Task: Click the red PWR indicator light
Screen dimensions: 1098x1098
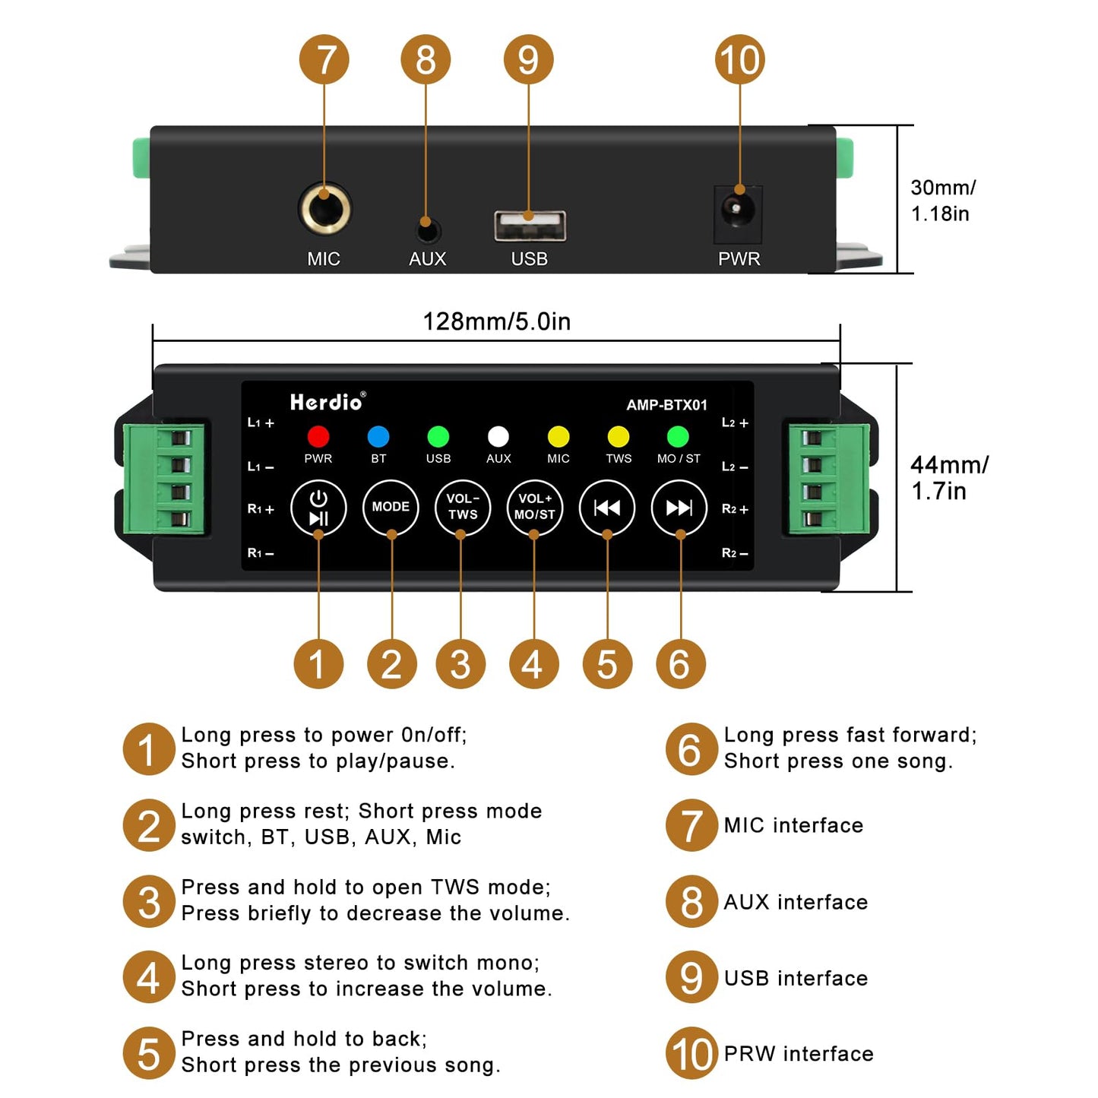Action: [318, 436]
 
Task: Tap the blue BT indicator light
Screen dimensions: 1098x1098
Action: [378, 436]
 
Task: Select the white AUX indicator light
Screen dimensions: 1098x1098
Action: [498, 436]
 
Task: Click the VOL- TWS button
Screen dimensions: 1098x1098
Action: [462, 507]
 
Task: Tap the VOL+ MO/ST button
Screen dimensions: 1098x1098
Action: [534, 507]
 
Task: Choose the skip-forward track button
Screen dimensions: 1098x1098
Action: [679, 508]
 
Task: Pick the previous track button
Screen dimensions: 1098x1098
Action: [606, 508]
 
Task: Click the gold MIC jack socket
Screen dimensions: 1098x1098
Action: [324, 208]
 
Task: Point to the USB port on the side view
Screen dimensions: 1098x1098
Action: [530, 226]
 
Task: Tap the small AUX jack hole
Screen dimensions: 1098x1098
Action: [428, 229]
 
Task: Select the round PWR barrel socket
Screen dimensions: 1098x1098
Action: [738, 207]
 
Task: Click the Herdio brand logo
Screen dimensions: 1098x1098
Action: [328, 402]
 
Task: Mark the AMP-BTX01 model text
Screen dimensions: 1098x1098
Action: [666, 405]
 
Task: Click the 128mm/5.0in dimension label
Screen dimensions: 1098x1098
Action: [496, 321]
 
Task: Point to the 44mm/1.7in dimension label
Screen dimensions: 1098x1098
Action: [948, 478]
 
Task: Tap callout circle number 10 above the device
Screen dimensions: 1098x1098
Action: [739, 59]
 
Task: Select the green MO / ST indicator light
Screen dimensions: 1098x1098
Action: [677, 436]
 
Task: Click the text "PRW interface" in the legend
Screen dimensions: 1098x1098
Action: [798, 1054]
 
